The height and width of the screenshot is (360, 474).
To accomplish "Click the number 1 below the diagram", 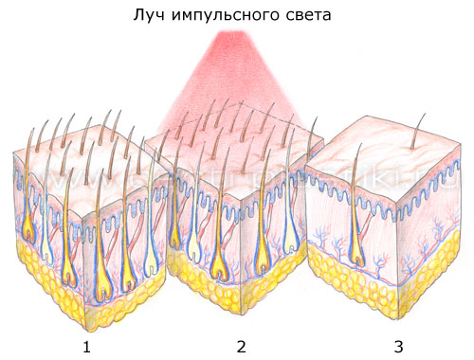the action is [x=86, y=347].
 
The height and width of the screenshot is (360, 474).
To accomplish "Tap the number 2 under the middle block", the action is [x=241, y=347].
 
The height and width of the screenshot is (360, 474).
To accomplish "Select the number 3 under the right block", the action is [x=397, y=347].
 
